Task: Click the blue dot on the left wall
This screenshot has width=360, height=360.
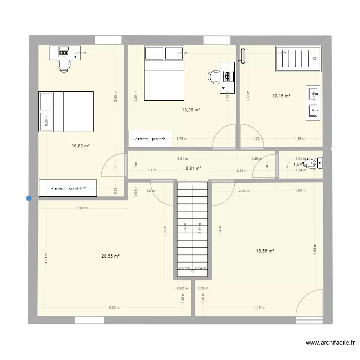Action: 29,198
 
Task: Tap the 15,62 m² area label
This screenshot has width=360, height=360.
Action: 81,146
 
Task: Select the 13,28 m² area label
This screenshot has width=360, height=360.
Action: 191,110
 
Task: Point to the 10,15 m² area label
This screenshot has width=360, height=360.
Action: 281,96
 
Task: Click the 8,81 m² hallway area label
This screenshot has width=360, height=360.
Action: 193,168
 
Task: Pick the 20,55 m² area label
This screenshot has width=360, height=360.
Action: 110,256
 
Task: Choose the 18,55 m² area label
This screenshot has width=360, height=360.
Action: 264,251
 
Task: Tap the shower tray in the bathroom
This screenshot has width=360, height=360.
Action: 297,59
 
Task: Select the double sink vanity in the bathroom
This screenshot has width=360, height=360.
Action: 313,102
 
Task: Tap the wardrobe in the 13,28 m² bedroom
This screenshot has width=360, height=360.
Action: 150,139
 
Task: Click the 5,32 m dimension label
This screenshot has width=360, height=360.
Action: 114,308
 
